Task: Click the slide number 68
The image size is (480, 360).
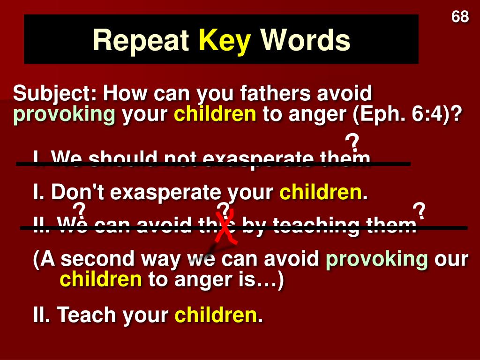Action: (460, 17)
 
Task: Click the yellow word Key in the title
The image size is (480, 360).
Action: (225, 40)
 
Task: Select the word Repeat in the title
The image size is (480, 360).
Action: (141, 40)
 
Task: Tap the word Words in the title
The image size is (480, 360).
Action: (305, 40)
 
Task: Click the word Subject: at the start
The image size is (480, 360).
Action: (55, 94)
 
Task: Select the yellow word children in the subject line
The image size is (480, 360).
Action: (215, 114)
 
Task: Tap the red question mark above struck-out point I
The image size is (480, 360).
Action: (352, 143)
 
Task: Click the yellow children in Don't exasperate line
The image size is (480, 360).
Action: (321, 192)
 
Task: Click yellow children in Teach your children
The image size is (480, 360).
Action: (216, 315)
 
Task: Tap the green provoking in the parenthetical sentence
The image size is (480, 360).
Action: (377, 259)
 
